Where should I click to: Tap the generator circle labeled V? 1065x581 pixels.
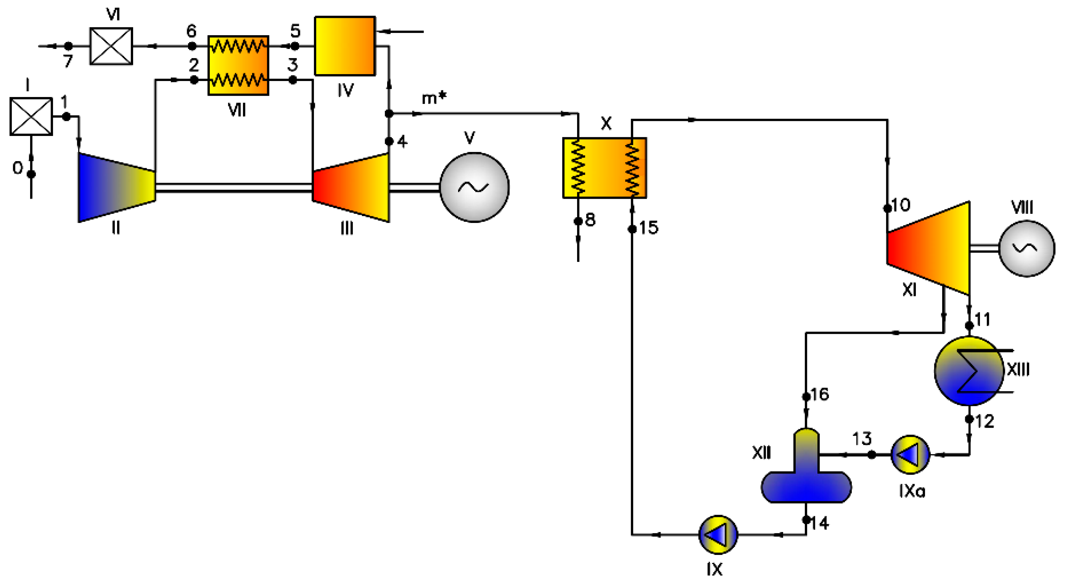474,187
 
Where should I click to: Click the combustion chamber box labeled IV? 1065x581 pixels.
345,46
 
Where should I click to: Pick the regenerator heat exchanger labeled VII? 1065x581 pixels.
238,65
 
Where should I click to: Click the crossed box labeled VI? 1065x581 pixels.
111,46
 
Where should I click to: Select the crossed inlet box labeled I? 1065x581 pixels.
31,116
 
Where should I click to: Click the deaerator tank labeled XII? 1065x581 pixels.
806,475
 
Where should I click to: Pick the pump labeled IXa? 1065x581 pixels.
911,454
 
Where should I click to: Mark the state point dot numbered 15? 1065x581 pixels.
632,229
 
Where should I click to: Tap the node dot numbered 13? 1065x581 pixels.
872,455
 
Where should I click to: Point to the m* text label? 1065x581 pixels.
434,98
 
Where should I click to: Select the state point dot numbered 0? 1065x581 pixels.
31,174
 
